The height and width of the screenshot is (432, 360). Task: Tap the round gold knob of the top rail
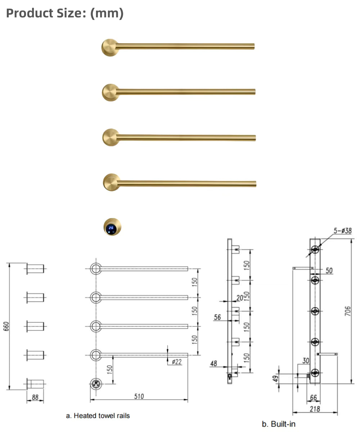coord(109,47)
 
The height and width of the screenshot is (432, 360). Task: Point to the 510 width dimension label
coord(139,396)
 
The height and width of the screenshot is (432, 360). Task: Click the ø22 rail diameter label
coord(176,362)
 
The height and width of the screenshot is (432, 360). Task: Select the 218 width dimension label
coord(315,409)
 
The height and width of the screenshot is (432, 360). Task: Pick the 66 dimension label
coord(313,397)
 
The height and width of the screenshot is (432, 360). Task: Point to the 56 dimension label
coord(217,317)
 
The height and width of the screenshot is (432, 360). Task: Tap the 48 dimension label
coord(214,364)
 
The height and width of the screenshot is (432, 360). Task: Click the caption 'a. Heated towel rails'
coord(98,415)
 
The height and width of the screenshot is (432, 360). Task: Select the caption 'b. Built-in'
coord(279,424)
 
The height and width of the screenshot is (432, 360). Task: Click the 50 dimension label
coord(329,271)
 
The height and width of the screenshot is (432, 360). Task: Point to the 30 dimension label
coord(306,361)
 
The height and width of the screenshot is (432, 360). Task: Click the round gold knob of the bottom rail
coord(111,182)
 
